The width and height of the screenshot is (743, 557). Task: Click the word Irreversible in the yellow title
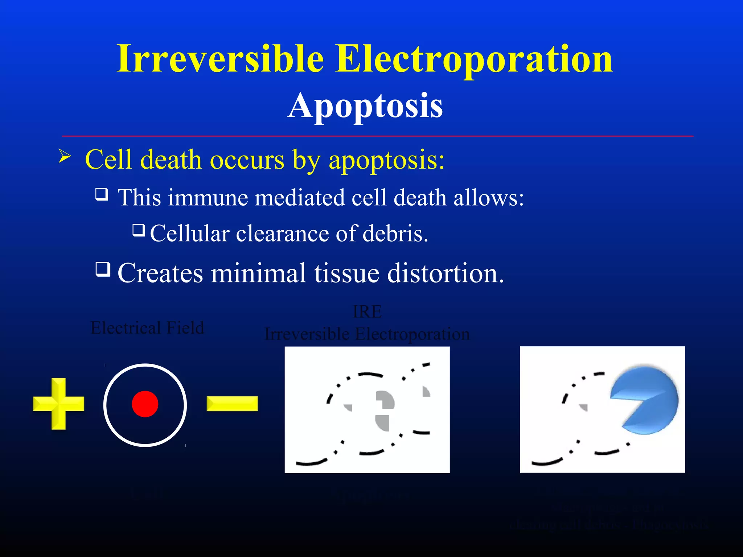[x=220, y=59]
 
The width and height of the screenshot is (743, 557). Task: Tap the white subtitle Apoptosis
[x=365, y=106]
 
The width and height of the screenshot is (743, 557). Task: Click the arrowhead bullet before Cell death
[x=65, y=157]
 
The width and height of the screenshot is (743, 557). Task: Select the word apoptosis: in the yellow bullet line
[x=386, y=160]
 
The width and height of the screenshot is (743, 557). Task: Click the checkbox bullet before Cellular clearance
[x=139, y=230]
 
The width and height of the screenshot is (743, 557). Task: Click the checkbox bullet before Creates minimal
[x=103, y=269]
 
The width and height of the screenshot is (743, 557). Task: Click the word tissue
[x=346, y=273]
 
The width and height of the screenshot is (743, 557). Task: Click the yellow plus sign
[x=58, y=404]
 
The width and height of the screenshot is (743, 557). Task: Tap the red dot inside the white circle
[x=145, y=404]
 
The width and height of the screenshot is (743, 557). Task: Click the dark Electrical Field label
[x=147, y=328]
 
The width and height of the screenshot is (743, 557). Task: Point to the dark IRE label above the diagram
[x=367, y=311]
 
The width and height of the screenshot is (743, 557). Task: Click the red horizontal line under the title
[x=377, y=136]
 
